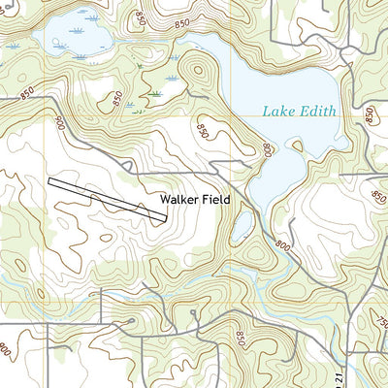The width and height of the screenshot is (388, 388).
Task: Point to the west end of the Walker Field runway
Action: pos(49,180)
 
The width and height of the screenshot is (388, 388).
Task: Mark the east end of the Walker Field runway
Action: pos(166,217)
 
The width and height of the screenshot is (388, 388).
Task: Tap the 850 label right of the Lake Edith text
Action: pos(370,114)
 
